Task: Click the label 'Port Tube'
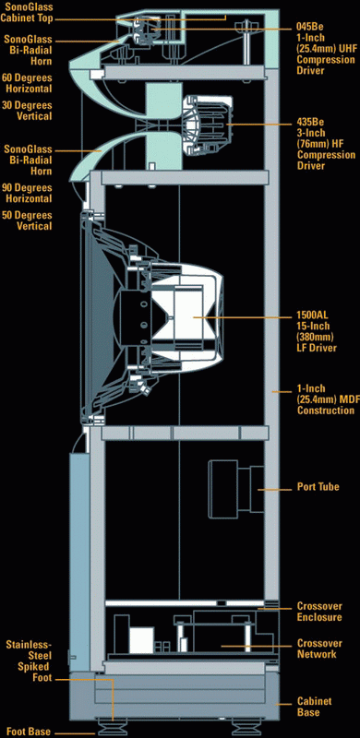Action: coord(318,487)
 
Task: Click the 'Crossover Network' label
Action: coord(319,649)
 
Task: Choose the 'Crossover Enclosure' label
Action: coord(319,611)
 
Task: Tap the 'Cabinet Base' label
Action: coord(314,707)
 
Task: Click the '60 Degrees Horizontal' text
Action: coord(27,83)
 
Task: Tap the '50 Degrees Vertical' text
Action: coord(27,220)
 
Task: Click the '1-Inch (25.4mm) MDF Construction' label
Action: coord(325,399)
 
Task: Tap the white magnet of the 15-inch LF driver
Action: coord(187,317)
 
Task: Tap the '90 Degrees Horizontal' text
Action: coord(27,193)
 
